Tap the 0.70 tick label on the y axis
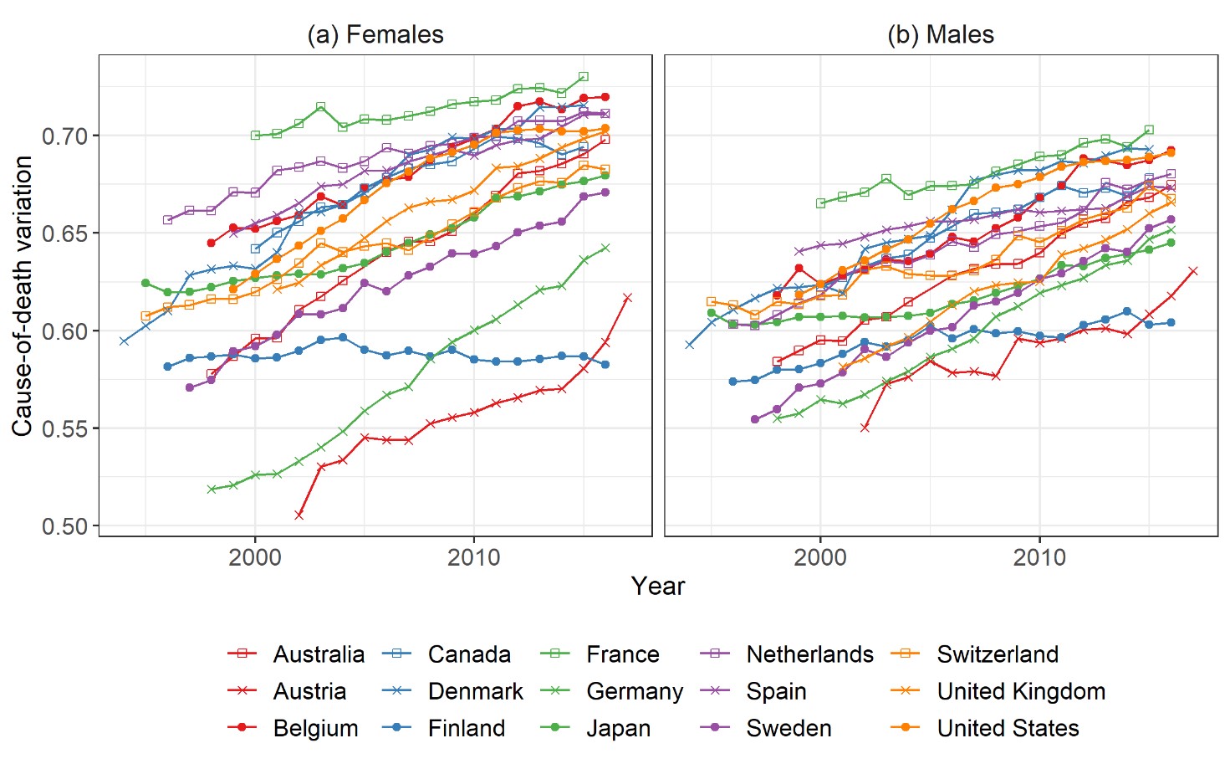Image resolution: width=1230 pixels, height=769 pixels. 64,136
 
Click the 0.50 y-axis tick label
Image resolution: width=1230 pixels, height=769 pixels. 64,526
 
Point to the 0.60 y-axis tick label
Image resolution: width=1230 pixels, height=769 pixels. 64,331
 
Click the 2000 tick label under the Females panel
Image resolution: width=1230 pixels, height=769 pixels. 255,557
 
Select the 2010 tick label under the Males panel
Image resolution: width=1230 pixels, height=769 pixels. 1039,557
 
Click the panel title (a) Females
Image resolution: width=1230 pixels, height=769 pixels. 375,35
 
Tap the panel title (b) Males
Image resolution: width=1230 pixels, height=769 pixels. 941,35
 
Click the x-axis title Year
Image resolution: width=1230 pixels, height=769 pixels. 658,587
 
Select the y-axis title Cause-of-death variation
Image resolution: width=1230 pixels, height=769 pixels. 23,295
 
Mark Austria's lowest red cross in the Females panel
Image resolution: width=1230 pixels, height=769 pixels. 299,515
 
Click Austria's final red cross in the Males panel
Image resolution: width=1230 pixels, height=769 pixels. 1193,270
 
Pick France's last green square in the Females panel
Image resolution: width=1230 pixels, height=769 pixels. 584,77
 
